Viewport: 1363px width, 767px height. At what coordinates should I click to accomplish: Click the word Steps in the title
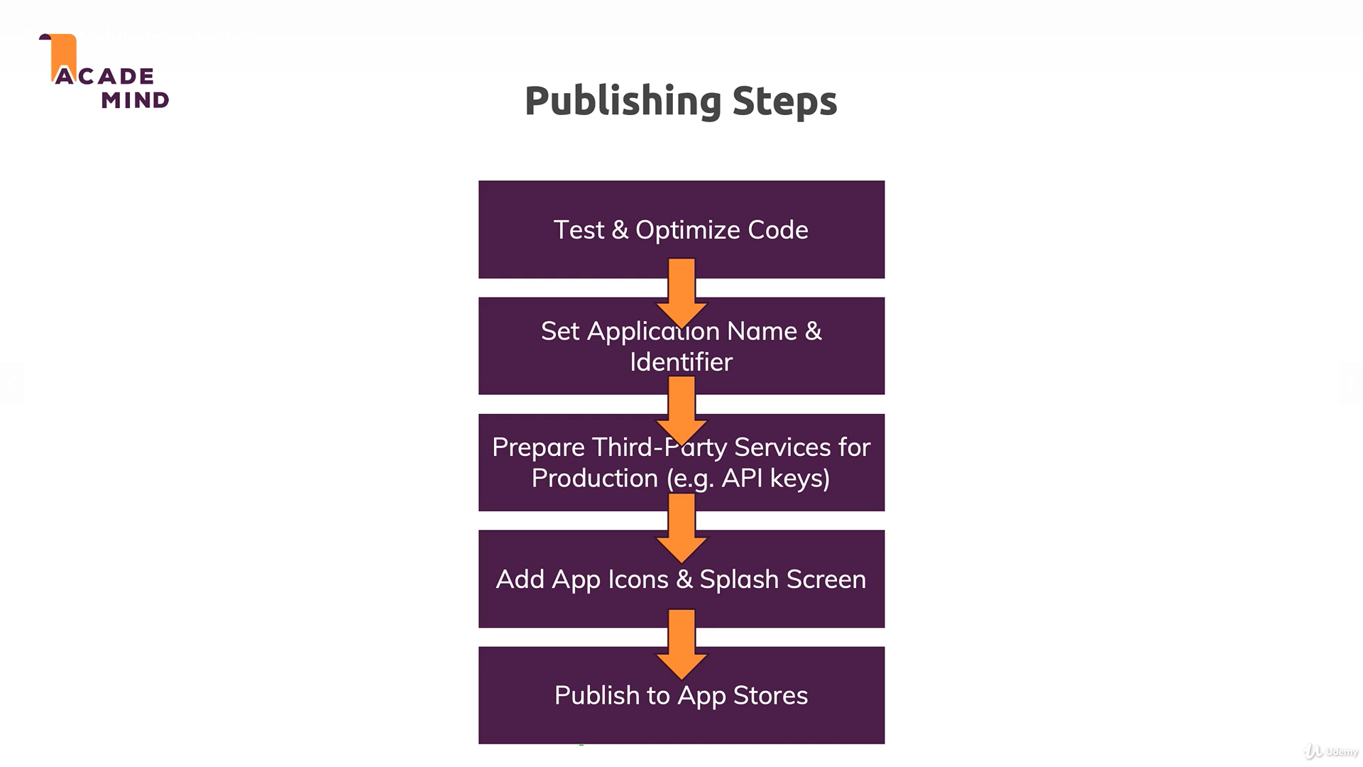click(x=784, y=102)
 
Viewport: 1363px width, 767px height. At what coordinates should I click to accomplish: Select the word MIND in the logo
click(x=135, y=100)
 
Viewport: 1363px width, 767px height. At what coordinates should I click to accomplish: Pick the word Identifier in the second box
click(x=681, y=362)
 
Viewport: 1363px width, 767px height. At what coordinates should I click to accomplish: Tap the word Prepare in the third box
click(x=538, y=447)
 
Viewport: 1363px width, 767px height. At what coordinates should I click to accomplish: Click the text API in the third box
click(x=742, y=478)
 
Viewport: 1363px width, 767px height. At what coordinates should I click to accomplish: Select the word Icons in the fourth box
click(x=637, y=580)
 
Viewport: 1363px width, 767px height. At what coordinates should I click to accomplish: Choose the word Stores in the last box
click(x=770, y=695)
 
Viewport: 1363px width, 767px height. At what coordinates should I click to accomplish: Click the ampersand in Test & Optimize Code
click(x=619, y=230)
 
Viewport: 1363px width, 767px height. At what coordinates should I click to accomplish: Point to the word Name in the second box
click(x=762, y=332)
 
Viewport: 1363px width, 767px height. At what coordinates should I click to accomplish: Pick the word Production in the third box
click(x=594, y=478)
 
